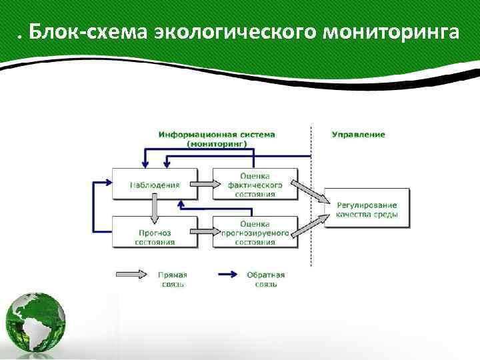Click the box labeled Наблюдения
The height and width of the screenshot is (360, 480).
[155, 184]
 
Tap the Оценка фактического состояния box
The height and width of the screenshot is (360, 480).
[255, 184]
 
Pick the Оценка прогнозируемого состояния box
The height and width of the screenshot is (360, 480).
[255, 232]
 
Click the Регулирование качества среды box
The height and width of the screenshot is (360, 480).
[367, 209]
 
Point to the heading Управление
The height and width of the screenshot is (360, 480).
[358, 135]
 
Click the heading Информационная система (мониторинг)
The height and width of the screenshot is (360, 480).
[217, 139]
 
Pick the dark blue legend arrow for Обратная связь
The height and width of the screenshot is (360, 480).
[230, 274]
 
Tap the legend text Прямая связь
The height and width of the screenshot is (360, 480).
[172, 279]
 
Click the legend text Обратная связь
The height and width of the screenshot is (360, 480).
[265, 279]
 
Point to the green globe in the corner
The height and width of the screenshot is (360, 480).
[35, 323]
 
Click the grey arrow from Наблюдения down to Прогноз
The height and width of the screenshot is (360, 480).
[155, 208]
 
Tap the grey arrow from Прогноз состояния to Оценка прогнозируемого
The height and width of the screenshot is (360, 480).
[205, 233]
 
